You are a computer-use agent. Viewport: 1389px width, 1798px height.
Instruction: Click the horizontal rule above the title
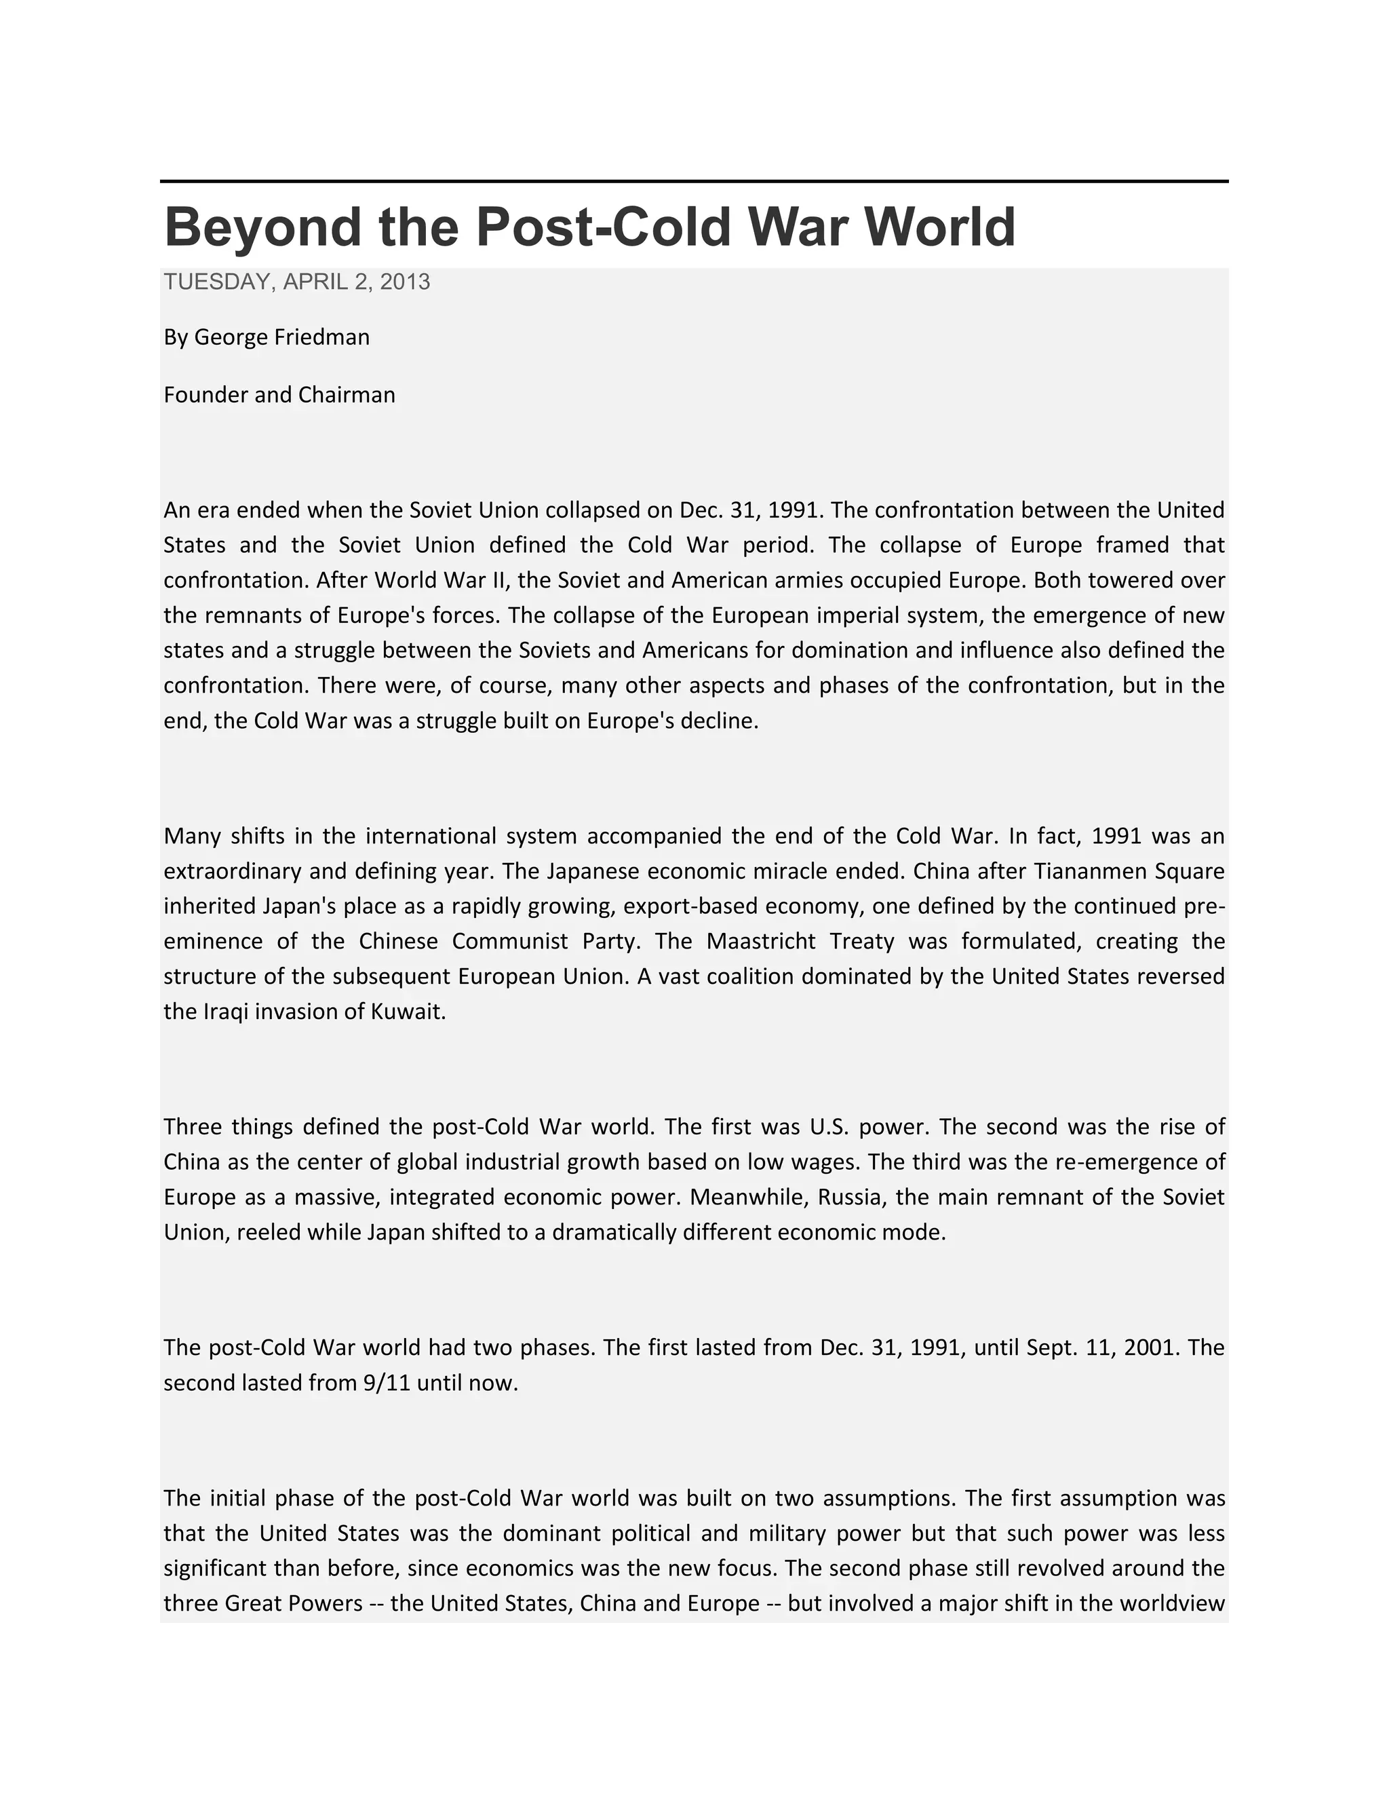694,181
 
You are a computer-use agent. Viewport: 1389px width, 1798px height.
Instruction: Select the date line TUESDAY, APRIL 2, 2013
296,282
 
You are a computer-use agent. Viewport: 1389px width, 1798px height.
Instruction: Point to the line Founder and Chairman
279,395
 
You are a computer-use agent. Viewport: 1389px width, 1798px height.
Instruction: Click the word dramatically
614,1232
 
